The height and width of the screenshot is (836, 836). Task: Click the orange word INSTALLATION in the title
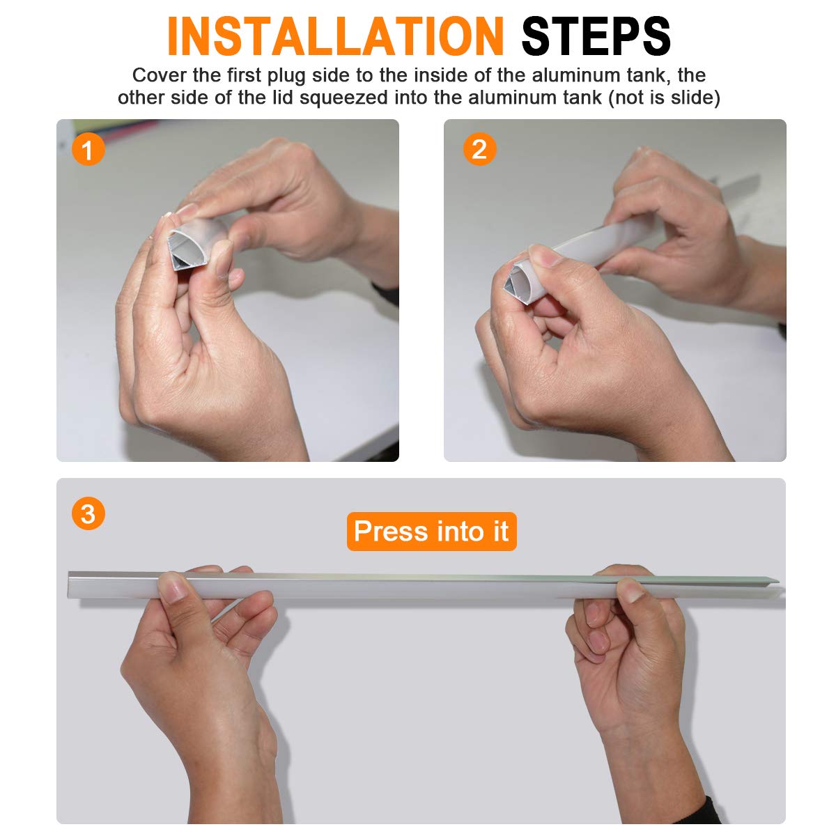pos(335,36)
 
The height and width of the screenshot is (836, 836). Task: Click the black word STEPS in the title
pos(596,36)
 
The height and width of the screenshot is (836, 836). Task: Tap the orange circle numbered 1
pos(88,150)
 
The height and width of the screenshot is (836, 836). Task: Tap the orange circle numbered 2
pos(479,149)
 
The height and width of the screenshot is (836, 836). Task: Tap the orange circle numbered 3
pos(88,513)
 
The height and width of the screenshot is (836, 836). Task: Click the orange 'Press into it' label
pos(432,532)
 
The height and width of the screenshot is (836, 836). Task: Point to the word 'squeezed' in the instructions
pos(343,98)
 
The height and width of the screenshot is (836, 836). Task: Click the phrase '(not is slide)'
pos(664,98)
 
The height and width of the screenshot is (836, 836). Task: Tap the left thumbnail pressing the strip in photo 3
pos(174,588)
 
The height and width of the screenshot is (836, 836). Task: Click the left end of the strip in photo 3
pos(70,585)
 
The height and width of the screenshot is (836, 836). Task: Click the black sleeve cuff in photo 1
pos(386,293)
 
